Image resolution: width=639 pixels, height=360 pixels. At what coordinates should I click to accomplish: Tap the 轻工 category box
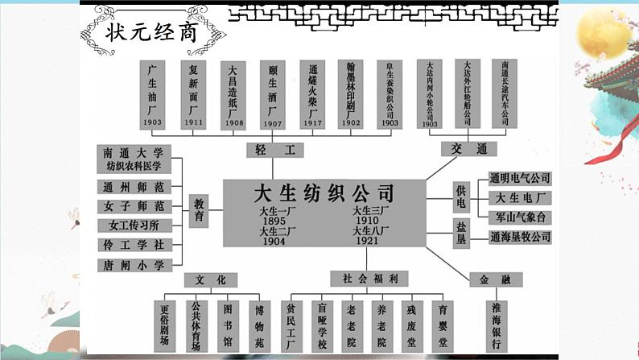(268, 151)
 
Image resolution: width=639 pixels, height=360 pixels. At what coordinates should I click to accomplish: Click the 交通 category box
(464, 149)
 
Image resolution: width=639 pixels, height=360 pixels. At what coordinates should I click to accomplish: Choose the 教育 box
(198, 212)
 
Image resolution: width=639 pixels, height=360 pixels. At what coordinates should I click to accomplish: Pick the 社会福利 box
(369, 279)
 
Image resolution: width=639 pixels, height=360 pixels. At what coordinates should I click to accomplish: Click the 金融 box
(495, 279)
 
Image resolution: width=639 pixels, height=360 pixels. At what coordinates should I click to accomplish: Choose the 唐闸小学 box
(134, 264)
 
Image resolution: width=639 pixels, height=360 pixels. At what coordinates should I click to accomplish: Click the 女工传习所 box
(134, 226)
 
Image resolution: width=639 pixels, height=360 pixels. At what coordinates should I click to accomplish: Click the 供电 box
(460, 197)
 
